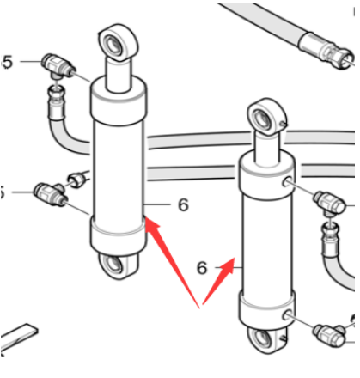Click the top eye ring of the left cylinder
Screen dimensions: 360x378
pos(119,42)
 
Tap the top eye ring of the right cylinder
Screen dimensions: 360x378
pos(265,116)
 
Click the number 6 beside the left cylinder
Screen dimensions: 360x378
pos(184,205)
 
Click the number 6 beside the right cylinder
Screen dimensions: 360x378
pos(202,268)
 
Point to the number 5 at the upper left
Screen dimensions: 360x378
pos(8,62)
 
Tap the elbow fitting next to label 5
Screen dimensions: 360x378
pos(58,66)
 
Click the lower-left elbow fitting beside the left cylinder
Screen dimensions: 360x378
pos(51,193)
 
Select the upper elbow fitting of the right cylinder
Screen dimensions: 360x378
pos(329,204)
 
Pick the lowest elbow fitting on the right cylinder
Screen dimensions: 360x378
pos(329,334)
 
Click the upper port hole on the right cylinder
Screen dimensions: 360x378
pos(287,181)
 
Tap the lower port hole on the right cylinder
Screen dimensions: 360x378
pos(287,315)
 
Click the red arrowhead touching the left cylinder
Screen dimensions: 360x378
pos(152,226)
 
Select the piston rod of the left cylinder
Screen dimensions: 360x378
pos(119,74)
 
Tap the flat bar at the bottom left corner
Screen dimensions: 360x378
pos(19,338)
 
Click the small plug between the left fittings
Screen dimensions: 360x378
pos(76,180)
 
